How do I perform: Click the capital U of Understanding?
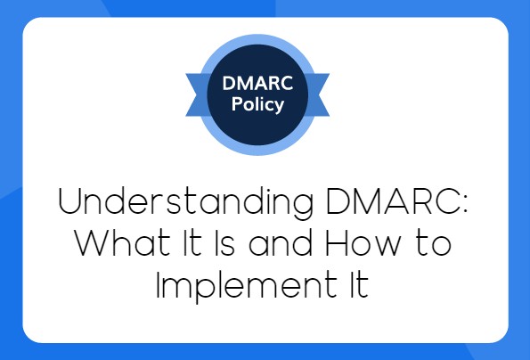[x=71, y=203]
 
